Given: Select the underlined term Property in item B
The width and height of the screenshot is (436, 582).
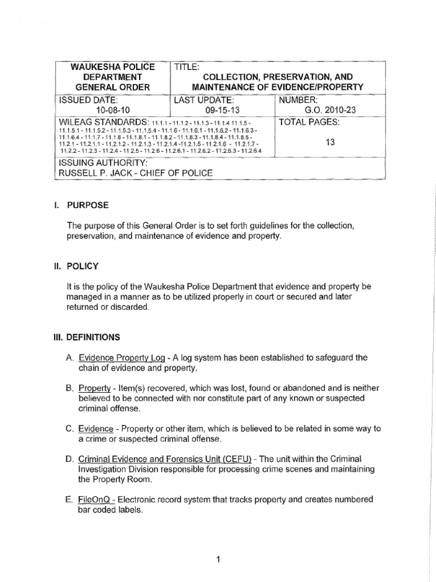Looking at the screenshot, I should click(94, 388).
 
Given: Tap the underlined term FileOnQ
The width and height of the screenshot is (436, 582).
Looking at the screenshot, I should click(97, 500).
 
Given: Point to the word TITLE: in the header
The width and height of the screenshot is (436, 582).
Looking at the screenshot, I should click(186, 66).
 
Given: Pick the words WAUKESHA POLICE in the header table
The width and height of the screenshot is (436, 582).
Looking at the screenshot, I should click(112, 66).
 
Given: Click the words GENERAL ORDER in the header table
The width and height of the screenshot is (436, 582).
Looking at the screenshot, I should click(112, 87).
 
